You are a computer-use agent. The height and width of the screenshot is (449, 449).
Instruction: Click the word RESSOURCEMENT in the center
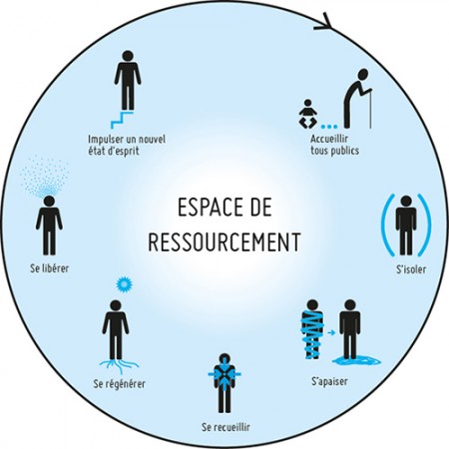[224, 241]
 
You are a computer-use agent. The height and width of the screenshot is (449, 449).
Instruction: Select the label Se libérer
[49, 268]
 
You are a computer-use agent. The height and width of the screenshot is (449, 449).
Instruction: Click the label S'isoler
[411, 269]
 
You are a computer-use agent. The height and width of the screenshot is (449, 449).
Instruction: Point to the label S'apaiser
[329, 381]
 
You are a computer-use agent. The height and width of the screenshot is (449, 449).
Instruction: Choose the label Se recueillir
[225, 427]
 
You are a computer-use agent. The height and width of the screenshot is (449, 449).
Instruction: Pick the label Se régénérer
[119, 384]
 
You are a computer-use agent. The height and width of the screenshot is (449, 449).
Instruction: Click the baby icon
[307, 114]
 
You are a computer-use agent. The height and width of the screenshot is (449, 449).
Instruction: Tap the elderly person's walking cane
[370, 108]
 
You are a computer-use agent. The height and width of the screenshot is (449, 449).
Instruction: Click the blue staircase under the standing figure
[122, 120]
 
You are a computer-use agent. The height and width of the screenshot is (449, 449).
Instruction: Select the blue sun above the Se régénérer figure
[125, 284]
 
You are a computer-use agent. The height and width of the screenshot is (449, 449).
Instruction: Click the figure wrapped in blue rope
[312, 329]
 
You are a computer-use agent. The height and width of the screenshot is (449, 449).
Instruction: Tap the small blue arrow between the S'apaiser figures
[331, 332]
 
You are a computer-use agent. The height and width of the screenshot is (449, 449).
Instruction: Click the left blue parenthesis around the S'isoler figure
[387, 224]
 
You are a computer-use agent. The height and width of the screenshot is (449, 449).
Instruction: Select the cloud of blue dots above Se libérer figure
[45, 177]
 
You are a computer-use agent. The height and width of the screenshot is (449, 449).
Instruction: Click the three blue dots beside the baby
[329, 127]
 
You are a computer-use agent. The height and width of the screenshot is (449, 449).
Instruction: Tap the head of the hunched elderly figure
[363, 74]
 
